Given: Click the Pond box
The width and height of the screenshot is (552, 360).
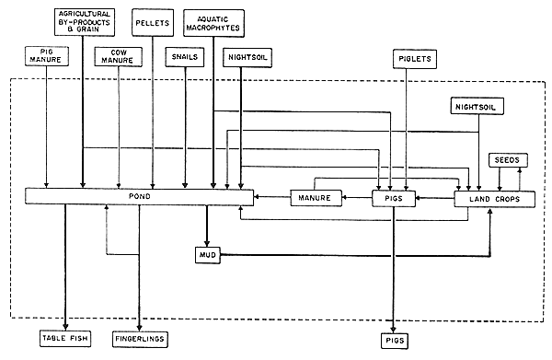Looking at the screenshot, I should pos(138,196).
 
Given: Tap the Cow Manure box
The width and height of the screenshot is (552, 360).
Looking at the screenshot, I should pos(118,56).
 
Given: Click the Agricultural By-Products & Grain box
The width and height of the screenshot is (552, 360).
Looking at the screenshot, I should pos(82,19).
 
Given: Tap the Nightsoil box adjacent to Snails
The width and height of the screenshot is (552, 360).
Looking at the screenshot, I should pos(241,56).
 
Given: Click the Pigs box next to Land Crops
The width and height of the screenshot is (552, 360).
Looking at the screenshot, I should pos(394,197).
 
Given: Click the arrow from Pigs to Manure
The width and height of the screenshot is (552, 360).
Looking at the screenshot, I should pos(357,197).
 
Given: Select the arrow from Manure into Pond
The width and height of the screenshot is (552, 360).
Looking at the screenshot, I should pos(271,197).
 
